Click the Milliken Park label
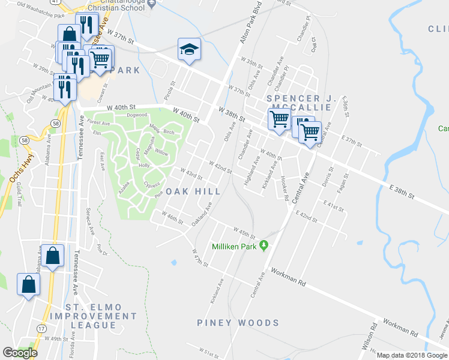tap(234, 247)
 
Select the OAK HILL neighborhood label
tap(190, 191)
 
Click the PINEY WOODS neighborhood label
tap(238, 323)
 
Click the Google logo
tap(20, 353)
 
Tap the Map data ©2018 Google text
tap(411, 355)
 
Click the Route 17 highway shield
tap(41, 329)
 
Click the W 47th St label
tap(200, 258)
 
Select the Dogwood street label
tap(137, 115)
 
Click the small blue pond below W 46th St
tap(173, 262)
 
